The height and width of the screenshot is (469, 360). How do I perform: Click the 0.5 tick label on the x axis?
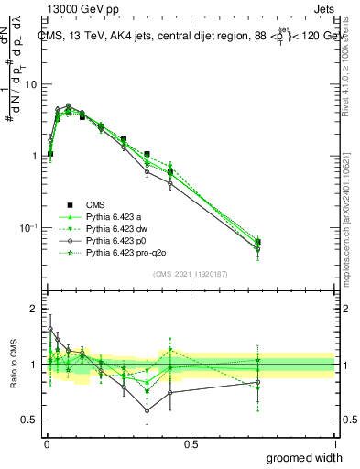click(x=191, y=444)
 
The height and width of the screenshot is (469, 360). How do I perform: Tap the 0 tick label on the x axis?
click(x=47, y=444)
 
